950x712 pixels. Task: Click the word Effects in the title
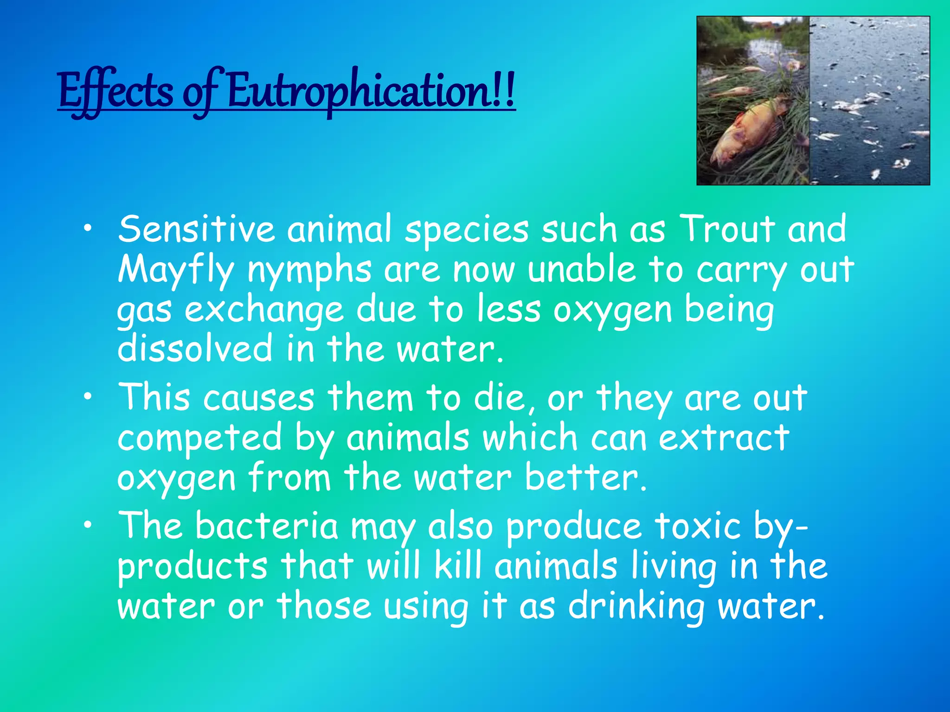tap(116, 92)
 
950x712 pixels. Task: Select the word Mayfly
tap(175, 270)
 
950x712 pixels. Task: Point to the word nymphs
tap(309, 270)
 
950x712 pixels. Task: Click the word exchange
tap(264, 310)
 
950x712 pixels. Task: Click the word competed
tap(199, 438)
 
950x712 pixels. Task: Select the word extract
tap(724, 438)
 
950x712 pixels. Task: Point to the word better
tap(585, 477)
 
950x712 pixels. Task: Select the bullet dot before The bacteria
tap(88, 525)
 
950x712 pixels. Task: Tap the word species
tap(466, 229)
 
